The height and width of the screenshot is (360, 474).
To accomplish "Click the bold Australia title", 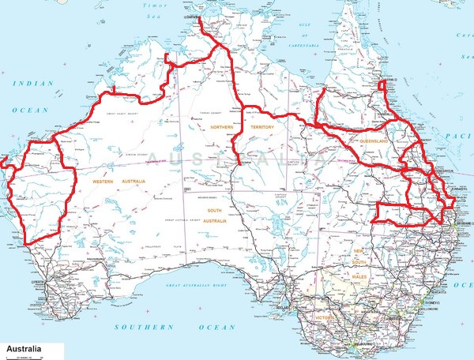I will point(23,348).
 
